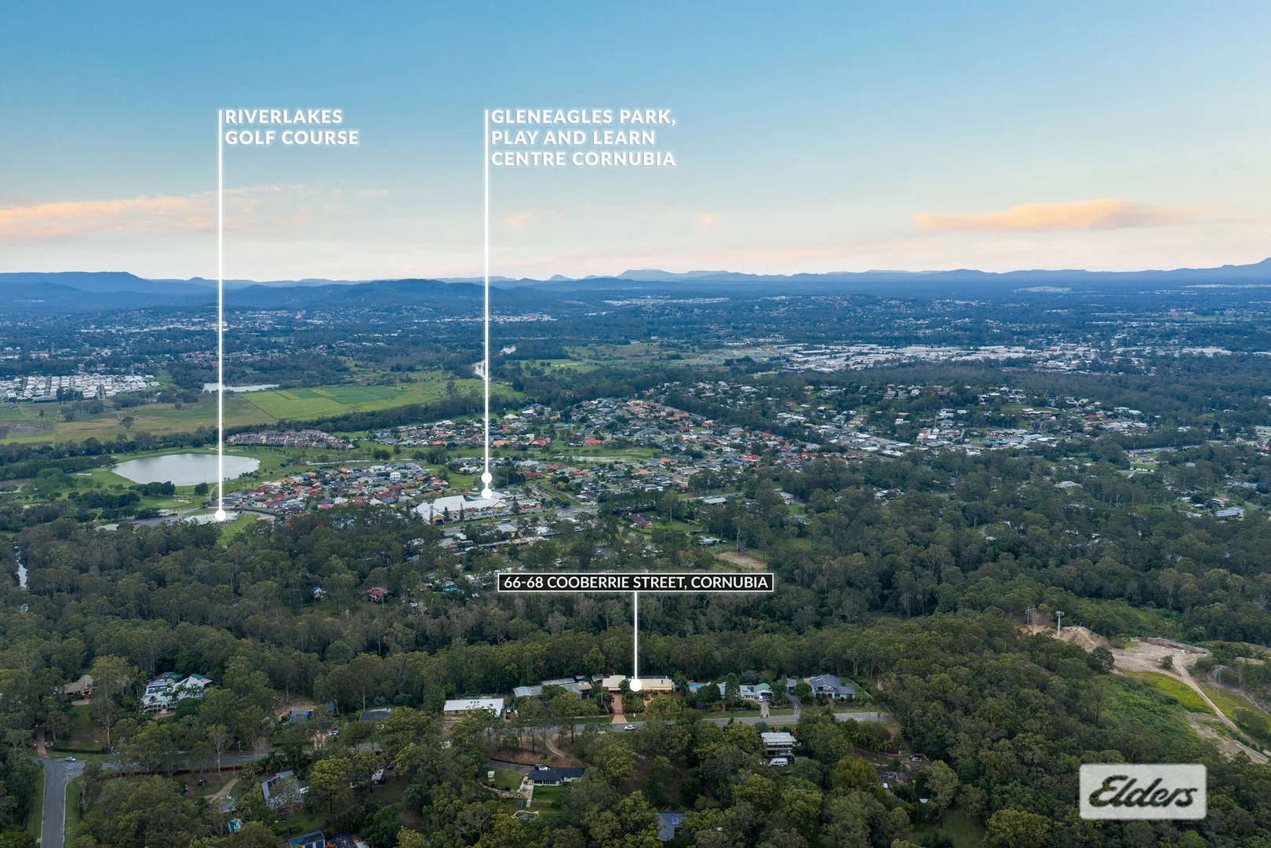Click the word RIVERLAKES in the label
point(284,117)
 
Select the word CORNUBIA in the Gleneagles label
point(624,159)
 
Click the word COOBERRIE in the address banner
point(577,582)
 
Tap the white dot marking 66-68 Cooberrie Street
point(635,685)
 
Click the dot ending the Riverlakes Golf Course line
point(220,515)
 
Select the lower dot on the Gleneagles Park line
point(486,493)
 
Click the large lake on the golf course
point(185,469)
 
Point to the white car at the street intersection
point(70,758)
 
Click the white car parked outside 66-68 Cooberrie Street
point(629,726)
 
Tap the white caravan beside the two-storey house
point(778,762)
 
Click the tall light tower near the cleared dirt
point(1059,622)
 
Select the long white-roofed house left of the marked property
point(473,707)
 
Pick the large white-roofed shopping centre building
point(461,507)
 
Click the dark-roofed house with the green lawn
point(555,774)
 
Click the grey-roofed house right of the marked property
point(832,686)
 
